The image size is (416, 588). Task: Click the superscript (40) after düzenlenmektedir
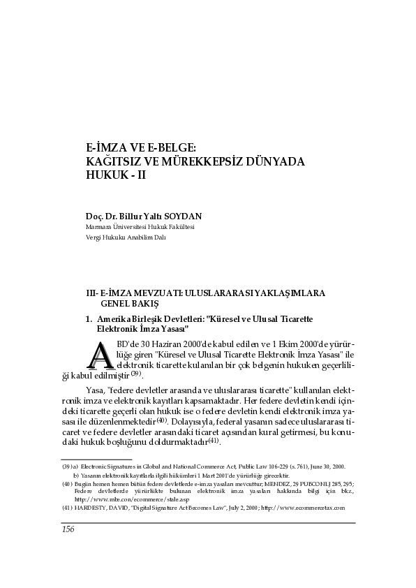161,420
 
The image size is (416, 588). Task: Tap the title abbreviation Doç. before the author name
95,216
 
